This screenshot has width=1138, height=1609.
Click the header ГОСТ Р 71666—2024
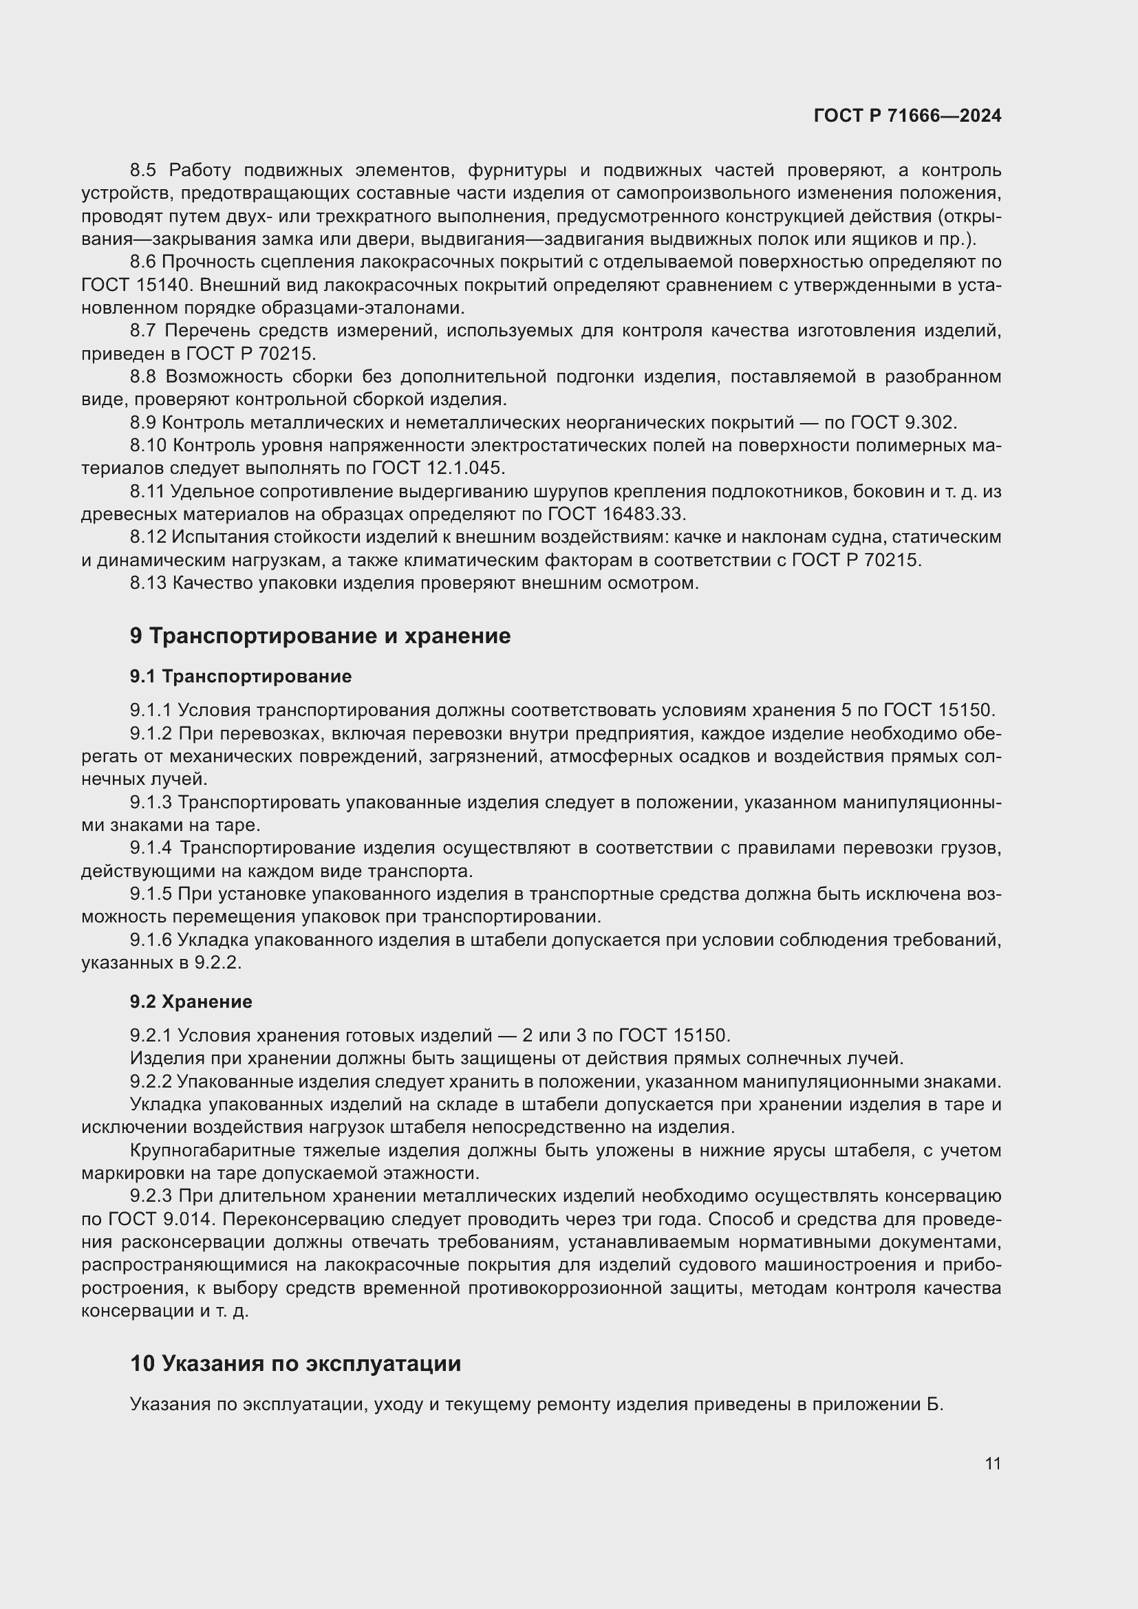[907, 116]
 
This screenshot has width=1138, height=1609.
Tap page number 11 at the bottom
[992, 1463]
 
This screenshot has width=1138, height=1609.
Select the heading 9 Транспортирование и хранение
[320, 636]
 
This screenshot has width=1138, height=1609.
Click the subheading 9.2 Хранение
[191, 1002]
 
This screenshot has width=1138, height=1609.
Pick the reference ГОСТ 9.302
[903, 422]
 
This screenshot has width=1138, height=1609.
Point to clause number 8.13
[149, 583]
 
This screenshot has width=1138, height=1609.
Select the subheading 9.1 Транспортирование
[240, 676]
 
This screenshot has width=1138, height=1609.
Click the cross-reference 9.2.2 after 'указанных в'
[217, 963]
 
